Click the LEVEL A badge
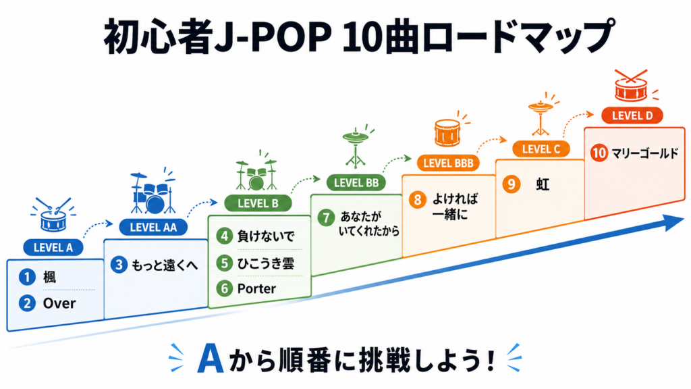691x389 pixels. tap(53, 247)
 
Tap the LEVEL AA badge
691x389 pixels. tap(153, 227)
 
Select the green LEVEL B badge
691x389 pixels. tap(258, 203)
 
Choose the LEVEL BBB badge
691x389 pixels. tap(448, 163)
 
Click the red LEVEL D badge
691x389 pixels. tap(632, 115)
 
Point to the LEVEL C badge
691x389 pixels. tap(541, 149)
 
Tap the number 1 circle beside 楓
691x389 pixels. tap(27, 277)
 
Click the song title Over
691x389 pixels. tap(59, 303)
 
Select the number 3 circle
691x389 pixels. tap(119, 265)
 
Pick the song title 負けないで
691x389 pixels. tap(265, 236)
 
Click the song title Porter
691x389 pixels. tap(256, 288)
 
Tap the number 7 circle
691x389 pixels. tap(326, 217)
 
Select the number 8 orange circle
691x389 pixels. tap(417, 200)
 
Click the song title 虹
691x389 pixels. tap(543, 184)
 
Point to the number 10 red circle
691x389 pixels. tap(599, 153)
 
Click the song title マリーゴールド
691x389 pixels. tap(645, 153)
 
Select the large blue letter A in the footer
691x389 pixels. tap(211, 358)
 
